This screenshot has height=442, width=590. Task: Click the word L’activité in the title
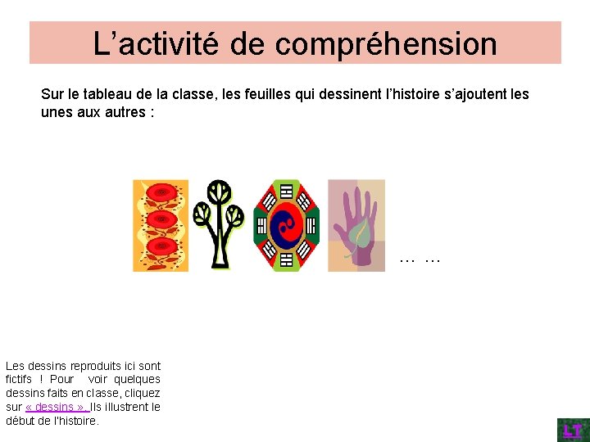(x=156, y=44)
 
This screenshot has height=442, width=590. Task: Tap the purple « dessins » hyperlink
(x=57, y=407)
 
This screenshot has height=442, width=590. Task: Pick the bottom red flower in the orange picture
(x=161, y=246)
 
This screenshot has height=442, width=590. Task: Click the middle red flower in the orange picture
(x=161, y=220)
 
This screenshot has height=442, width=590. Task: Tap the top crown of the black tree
(x=219, y=192)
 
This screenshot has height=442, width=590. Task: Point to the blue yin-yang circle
(x=286, y=225)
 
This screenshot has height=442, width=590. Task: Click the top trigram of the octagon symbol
(x=286, y=191)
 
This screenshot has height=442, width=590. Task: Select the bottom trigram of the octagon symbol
(x=286, y=260)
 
